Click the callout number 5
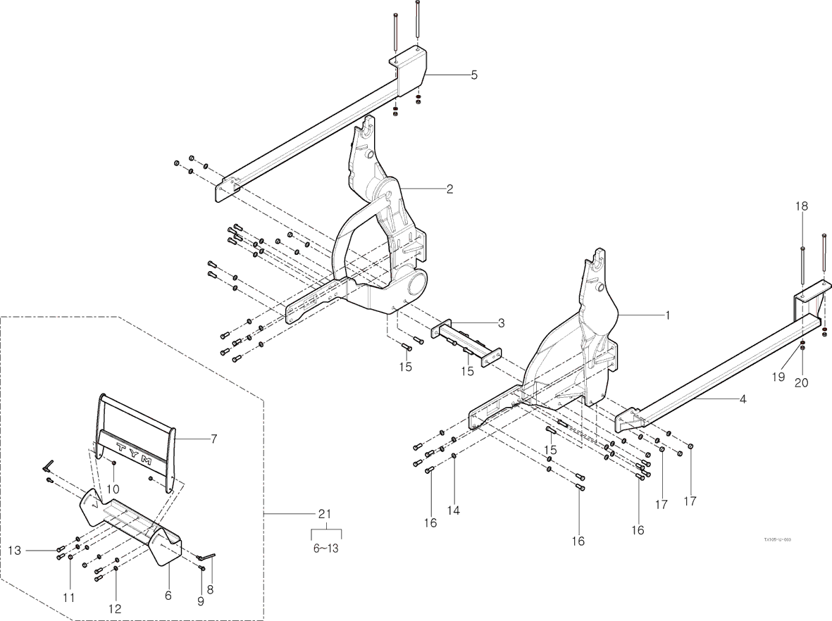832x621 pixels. (x=474, y=75)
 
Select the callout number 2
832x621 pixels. (x=449, y=189)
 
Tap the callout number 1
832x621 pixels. (x=669, y=315)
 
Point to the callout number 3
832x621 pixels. (x=501, y=323)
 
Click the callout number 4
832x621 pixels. (x=743, y=399)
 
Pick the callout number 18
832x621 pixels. (x=802, y=206)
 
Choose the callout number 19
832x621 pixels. (x=777, y=377)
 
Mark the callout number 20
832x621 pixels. (x=802, y=383)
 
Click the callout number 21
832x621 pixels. (x=325, y=514)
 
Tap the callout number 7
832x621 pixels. (x=213, y=439)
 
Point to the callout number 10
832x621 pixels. (x=113, y=489)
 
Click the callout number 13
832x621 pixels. (x=14, y=549)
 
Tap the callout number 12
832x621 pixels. (x=114, y=608)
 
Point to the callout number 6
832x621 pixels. (x=168, y=595)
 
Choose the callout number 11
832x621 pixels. (x=68, y=597)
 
